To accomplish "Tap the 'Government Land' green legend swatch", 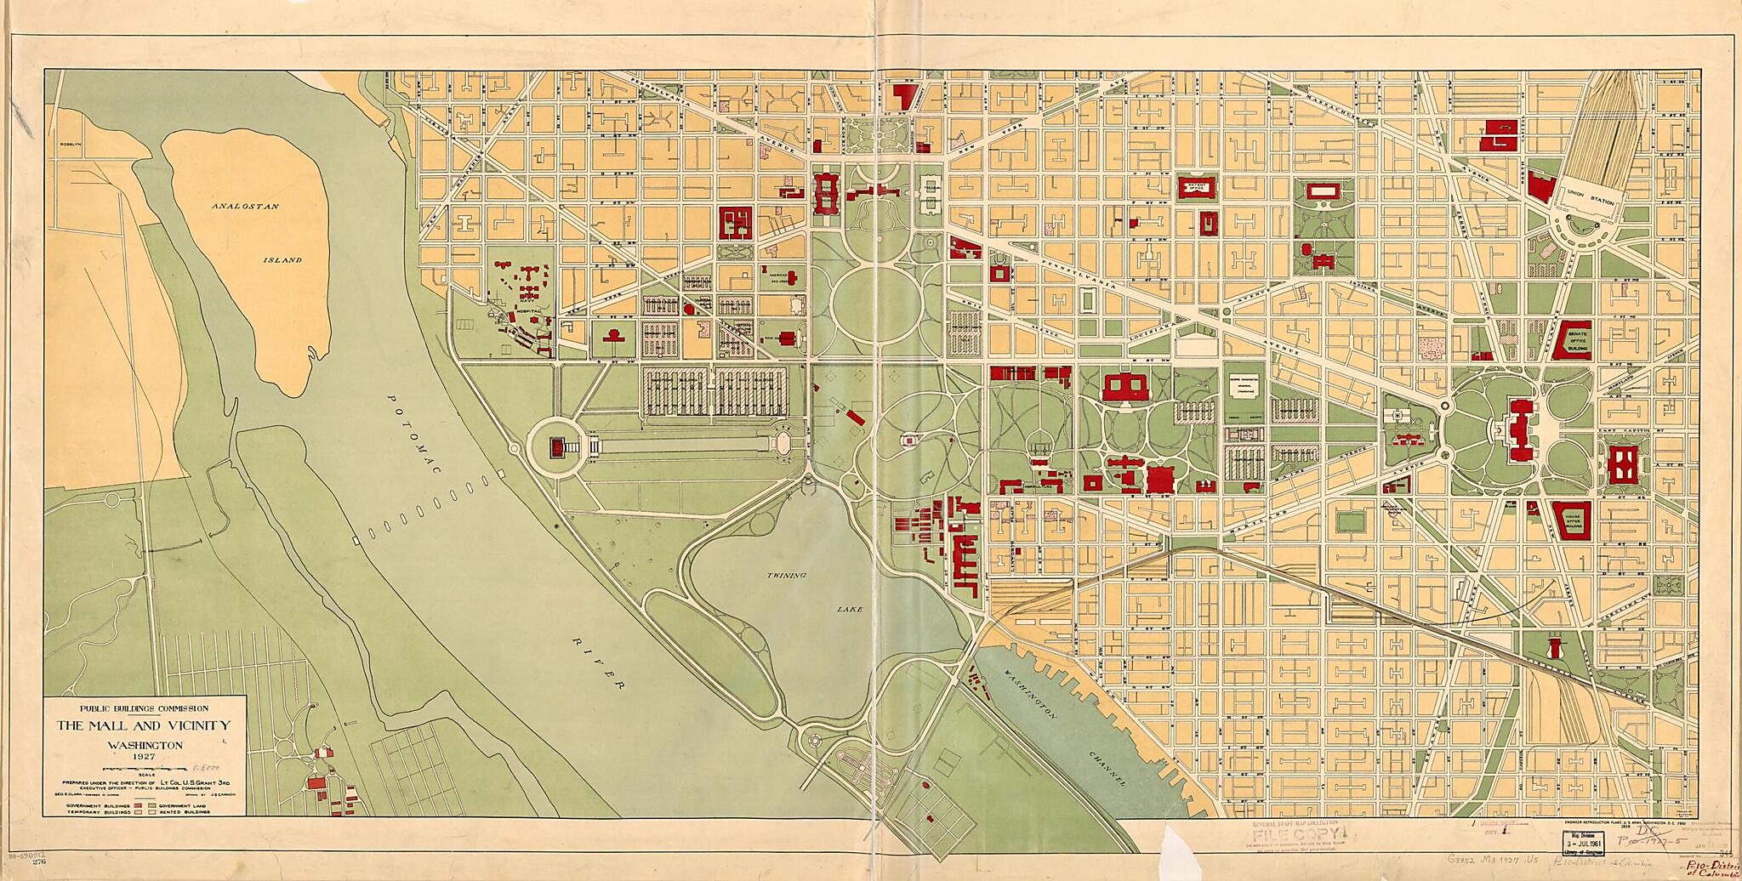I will click(152, 805).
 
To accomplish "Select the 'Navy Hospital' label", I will click(529, 302).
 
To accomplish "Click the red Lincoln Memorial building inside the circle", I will click(557, 446).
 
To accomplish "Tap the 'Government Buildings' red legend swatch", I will click(138, 805).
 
